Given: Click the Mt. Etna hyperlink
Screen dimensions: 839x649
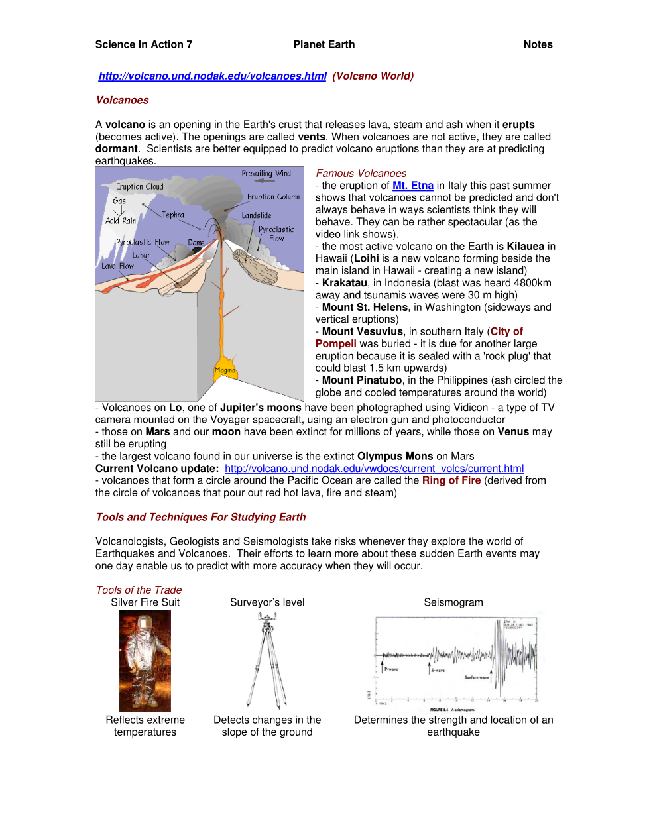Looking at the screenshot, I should point(412,186).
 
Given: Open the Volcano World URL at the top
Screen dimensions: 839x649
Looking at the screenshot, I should point(212,76).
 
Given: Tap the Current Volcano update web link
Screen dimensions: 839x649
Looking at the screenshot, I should point(374,469).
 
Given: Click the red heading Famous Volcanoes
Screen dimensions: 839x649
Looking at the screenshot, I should point(361,174).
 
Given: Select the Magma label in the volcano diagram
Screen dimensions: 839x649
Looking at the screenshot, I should point(225,370).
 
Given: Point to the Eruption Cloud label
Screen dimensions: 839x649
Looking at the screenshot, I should point(139,187).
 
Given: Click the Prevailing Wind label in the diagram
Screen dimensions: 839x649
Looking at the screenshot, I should point(266,174).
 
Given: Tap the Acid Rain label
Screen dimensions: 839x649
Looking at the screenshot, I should point(121,221).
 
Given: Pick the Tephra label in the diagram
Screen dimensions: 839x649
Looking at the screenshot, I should point(173,215).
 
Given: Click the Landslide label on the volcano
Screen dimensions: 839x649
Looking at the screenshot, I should point(257,216).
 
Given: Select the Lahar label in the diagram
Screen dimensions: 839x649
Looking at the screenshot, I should point(141,256).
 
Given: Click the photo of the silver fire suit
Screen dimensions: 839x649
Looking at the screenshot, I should point(145,661).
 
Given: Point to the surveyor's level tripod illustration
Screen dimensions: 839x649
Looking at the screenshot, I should point(267,661).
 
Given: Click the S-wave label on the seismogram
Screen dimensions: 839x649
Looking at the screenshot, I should point(438,671).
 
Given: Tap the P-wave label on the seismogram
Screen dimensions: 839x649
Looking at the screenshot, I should point(392,669).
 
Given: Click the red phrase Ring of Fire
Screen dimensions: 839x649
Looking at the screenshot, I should point(451,481).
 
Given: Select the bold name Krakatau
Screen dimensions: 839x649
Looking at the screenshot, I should point(344,283).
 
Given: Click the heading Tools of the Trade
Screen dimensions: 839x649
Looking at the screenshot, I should point(139,590).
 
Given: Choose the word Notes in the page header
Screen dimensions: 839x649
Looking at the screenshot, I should point(538,45).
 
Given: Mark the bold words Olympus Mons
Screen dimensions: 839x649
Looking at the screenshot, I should point(395,457).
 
